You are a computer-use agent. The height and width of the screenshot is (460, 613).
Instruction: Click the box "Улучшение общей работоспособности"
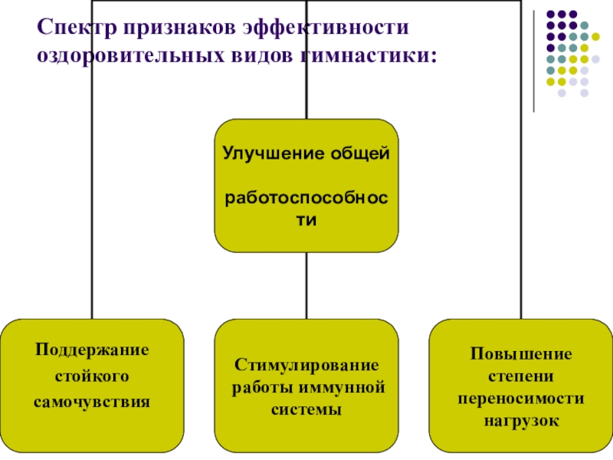pos(306,186)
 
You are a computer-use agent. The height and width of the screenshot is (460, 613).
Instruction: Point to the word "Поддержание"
pos(92,350)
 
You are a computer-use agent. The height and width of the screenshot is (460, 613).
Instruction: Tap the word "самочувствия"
pos(92,401)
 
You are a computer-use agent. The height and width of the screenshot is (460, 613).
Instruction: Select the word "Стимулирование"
pos(306,363)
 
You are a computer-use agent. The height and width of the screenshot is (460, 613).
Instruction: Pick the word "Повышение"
pos(521,354)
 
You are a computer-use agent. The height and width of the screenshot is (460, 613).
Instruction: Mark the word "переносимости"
pos(521,399)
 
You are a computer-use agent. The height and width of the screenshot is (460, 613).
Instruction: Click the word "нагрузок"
pos(521,421)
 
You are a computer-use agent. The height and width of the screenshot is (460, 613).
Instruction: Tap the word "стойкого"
pos(92,376)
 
